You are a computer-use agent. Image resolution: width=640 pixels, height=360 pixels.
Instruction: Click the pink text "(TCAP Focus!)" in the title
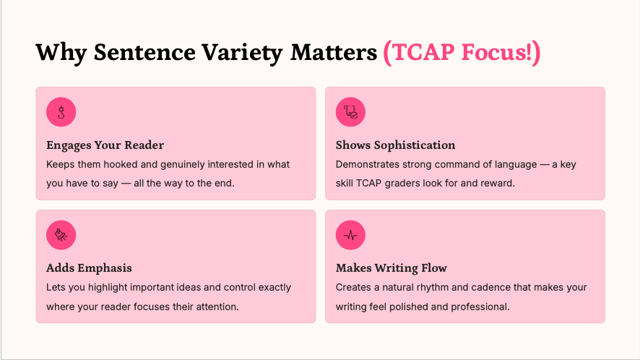coord(462,52)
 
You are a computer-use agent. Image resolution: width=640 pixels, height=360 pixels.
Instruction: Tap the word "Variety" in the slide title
coord(242,53)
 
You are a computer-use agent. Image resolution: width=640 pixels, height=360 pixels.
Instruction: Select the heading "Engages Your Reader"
coord(105,145)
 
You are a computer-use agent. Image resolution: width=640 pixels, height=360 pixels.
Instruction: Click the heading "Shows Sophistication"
coord(395,145)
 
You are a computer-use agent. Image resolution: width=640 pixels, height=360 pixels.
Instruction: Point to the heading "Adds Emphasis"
coord(89,268)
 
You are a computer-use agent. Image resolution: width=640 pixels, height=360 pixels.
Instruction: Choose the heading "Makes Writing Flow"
coord(391,268)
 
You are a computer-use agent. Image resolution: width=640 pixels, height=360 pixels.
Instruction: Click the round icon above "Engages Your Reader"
coord(61,112)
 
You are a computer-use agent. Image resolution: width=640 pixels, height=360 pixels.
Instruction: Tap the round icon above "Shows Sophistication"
coord(350,112)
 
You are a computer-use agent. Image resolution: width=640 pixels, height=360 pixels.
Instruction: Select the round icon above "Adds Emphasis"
coord(61,235)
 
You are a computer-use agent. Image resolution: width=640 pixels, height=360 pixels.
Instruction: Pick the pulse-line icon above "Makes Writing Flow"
coord(350,235)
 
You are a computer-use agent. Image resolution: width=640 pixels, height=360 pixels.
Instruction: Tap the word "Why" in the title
coord(61,53)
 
